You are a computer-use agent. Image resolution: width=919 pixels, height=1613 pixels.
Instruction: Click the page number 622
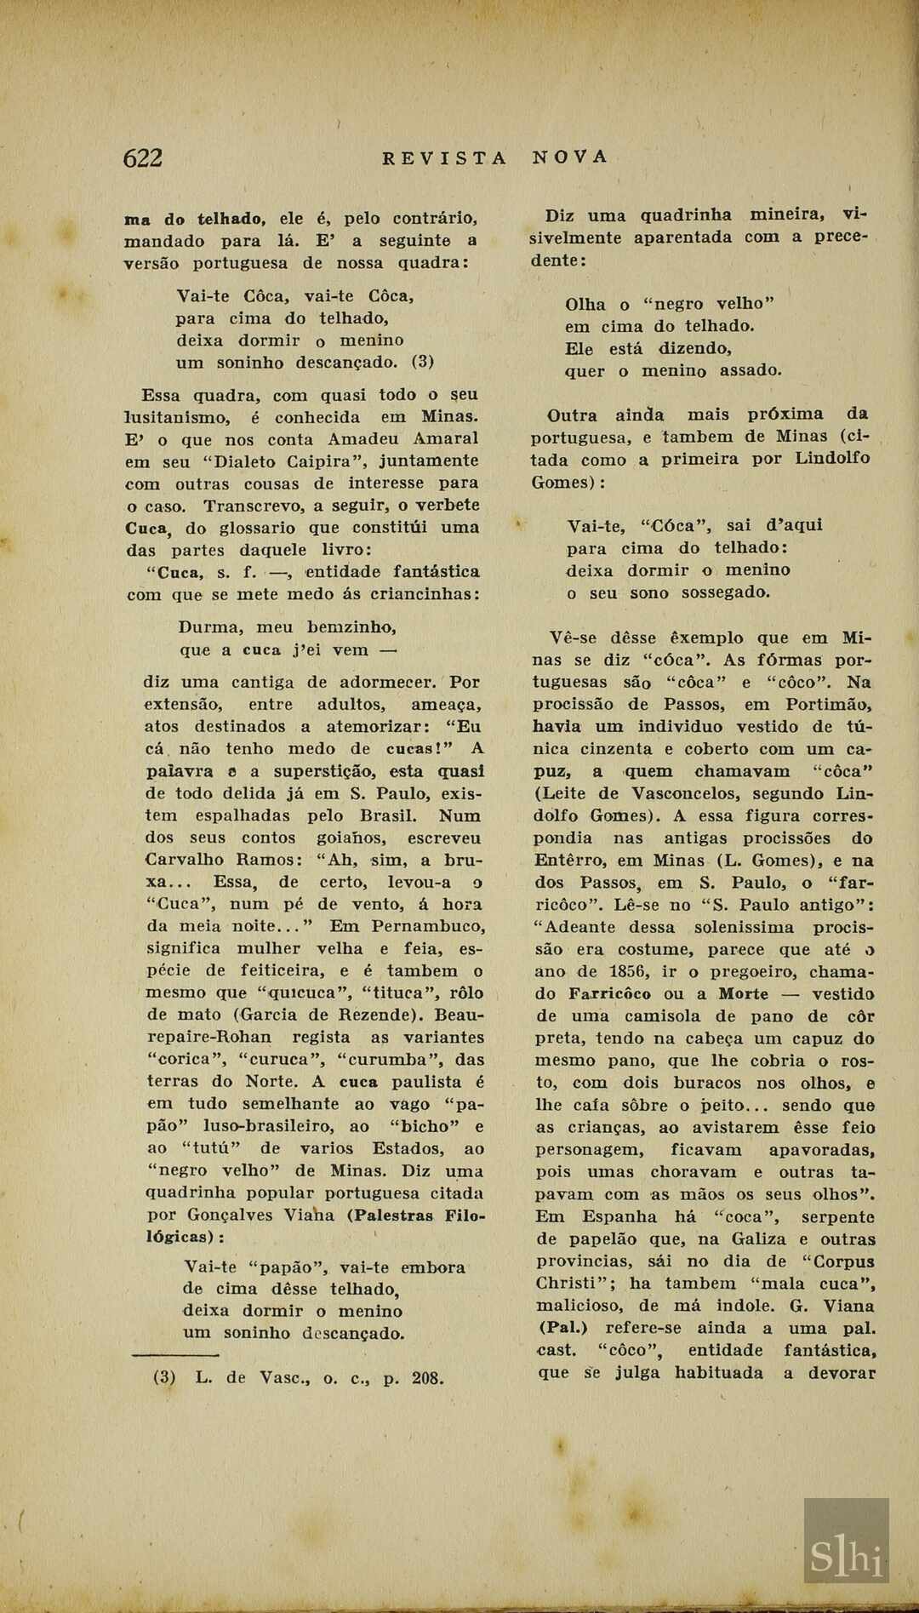click(143, 158)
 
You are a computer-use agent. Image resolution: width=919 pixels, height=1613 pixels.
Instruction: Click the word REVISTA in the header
click(444, 158)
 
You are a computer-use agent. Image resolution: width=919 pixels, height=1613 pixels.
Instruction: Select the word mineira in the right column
click(787, 214)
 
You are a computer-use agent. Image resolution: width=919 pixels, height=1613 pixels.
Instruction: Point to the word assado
click(751, 371)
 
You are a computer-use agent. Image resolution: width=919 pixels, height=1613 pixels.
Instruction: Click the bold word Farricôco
click(610, 994)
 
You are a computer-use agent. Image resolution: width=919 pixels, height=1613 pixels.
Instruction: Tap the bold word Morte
click(743, 994)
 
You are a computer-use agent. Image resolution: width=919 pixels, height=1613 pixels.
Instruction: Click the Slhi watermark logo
click(846, 1557)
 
